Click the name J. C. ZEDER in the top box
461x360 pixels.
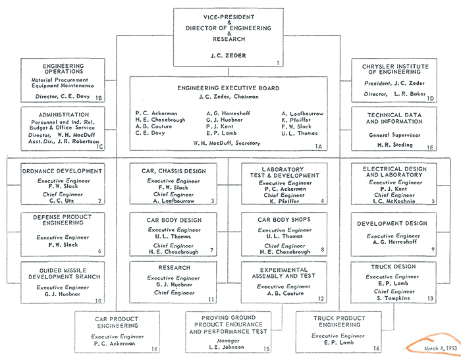[x=228, y=55]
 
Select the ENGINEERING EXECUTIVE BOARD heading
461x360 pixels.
[x=229, y=88]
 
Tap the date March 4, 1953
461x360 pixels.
[x=441, y=348]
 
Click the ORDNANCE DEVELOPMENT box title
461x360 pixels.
[x=63, y=171]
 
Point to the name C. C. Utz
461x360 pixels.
[x=62, y=201]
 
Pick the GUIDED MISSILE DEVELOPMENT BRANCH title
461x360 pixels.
[x=64, y=274]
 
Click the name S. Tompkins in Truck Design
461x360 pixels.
[x=393, y=298]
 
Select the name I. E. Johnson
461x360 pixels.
[x=227, y=347]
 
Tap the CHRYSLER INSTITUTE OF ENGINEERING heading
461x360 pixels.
[x=395, y=69]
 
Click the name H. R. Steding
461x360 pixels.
[x=395, y=145]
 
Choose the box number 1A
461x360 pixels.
[x=319, y=146]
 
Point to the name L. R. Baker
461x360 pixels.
[x=410, y=94]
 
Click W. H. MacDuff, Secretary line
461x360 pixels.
[x=227, y=143]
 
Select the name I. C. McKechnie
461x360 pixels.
[x=394, y=201]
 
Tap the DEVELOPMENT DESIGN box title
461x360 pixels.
[x=393, y=223]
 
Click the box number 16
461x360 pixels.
[x=376, y=348]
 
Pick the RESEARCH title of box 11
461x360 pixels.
[x=175, y=268]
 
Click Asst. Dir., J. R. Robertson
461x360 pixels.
[x=63, y=141]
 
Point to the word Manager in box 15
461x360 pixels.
[x=228, y=341]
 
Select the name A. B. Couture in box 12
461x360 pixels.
[x=285, y=294]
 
